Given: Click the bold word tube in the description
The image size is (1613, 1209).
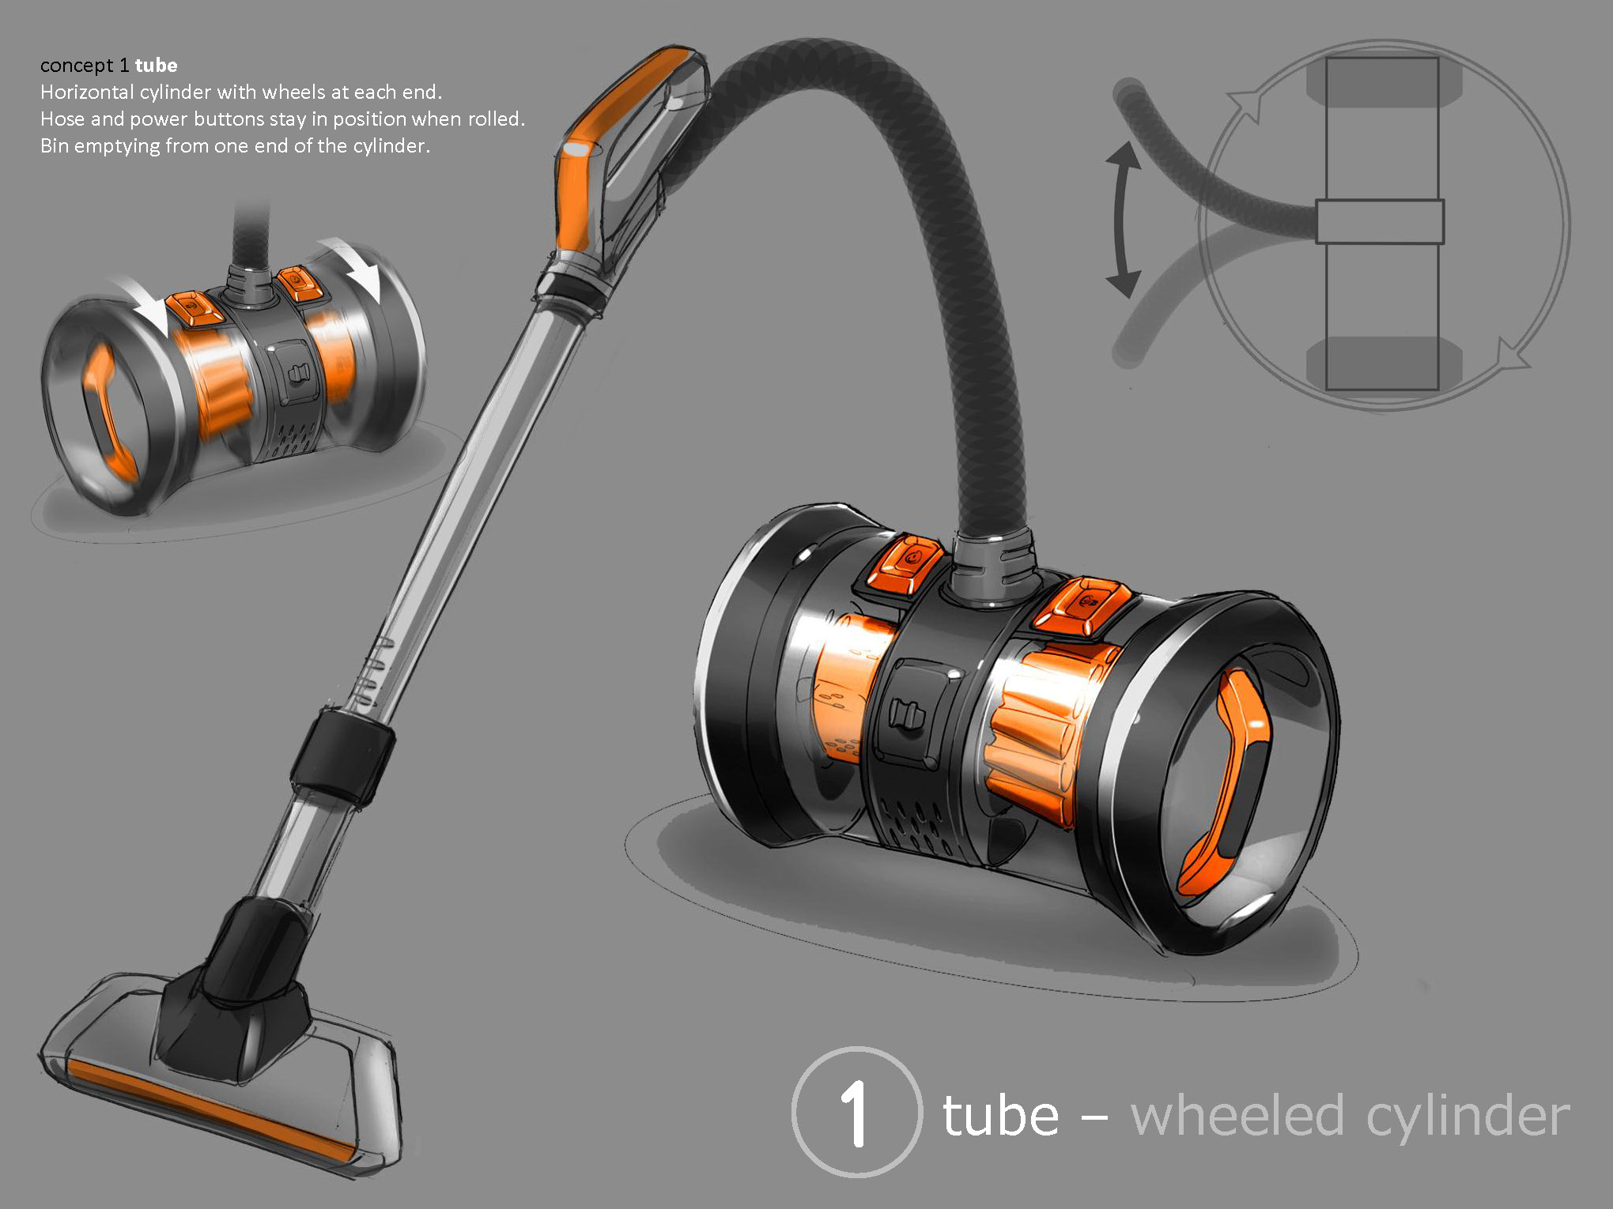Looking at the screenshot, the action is [156, 65].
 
